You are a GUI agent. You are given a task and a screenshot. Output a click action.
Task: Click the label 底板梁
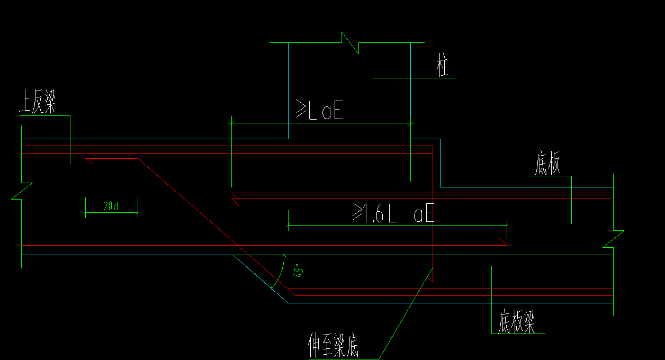(516, 322)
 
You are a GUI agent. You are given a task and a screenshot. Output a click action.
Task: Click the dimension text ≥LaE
(319, 111)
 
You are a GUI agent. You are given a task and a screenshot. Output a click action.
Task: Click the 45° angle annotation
(299, 271)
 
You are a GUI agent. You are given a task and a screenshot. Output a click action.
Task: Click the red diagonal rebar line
(212, 222)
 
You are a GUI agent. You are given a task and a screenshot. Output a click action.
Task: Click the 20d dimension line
(111, 213)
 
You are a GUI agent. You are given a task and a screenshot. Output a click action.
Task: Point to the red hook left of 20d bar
(89, 160)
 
